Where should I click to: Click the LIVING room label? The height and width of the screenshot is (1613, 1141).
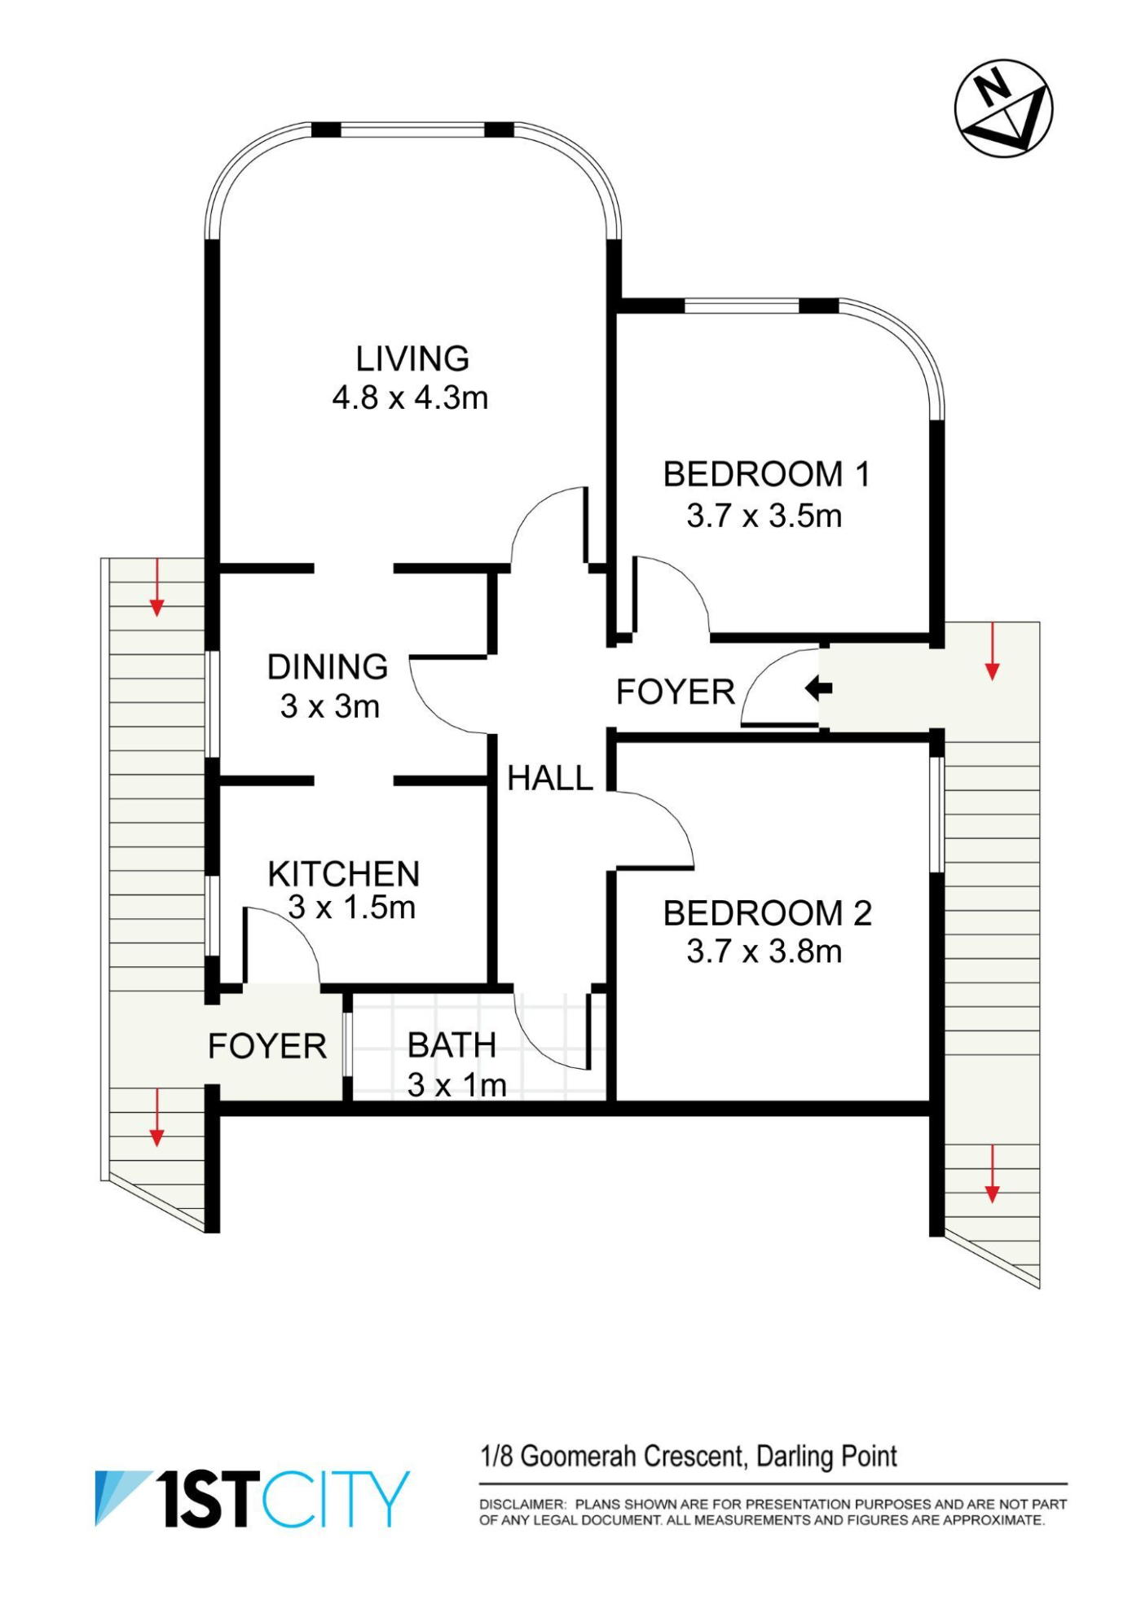coord(412,358)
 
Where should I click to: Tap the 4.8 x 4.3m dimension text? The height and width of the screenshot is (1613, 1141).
coord(410,398)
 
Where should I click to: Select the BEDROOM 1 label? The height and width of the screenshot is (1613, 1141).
coord(766,474)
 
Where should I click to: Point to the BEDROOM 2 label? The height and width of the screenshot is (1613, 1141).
coord(767,913)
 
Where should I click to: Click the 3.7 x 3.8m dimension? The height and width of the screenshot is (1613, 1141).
coord(764,952)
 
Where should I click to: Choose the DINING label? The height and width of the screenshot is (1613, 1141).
coord(328,666)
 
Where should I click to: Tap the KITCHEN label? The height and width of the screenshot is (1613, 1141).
coord(343,874)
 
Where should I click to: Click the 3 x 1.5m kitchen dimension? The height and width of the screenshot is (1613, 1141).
coord(351,908)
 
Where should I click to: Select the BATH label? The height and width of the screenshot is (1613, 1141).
coord(452,1045)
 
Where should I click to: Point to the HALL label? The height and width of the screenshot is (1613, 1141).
coord(550,779)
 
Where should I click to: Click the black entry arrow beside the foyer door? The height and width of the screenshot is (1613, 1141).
coord(818,688)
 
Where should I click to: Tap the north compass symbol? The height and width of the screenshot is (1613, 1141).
coord(1003,108)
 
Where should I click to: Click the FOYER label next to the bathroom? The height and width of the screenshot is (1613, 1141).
coord(267,1046)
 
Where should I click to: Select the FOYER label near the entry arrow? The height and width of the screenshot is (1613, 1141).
coord(676,692)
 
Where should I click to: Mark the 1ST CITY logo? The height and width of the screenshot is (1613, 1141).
coord(253,1499)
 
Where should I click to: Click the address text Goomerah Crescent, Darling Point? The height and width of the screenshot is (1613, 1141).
coord(708,1456)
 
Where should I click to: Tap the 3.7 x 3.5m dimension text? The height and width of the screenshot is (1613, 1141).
coord(764,516)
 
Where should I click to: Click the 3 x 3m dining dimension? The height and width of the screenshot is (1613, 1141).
coord(330,706)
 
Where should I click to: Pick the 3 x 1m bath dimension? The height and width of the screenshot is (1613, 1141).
coord(456,1085)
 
